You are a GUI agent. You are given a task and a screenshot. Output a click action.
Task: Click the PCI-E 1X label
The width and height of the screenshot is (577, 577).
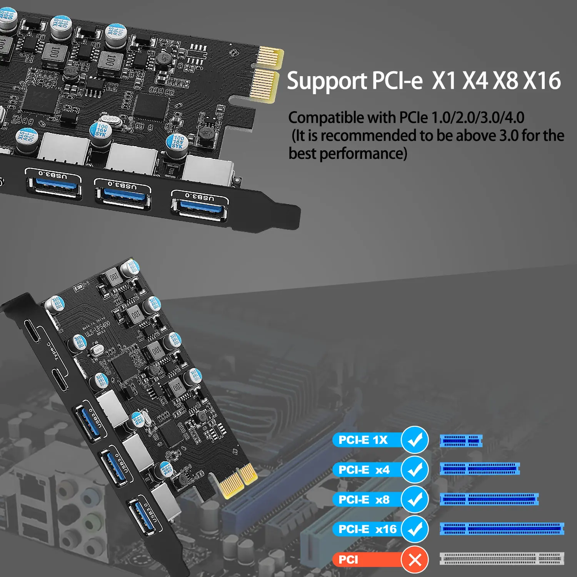point(363,440)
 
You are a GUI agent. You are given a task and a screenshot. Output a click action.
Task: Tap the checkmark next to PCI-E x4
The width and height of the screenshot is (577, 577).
point(415,470)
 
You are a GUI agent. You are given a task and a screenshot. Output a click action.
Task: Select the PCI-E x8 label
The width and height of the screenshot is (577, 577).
point(364,500)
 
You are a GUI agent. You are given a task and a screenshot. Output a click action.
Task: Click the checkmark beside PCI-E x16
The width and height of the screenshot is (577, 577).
point(415,529)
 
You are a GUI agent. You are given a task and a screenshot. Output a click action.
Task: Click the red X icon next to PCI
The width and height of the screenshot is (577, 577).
point(415,560)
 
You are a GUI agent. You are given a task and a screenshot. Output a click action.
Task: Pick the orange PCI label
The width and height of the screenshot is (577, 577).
point(349,560)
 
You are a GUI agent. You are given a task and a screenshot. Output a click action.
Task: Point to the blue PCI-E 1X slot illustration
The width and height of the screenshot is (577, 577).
point(461,441)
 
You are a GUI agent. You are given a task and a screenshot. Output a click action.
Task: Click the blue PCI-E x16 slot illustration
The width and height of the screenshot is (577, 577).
point(502,529)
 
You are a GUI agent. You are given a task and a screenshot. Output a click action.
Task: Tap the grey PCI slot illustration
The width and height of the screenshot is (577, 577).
point(502,559)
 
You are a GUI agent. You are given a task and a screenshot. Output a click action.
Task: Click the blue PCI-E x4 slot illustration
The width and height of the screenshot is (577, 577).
point(480,469)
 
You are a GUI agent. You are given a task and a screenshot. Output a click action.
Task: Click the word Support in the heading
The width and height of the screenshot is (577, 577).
point(327,82)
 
